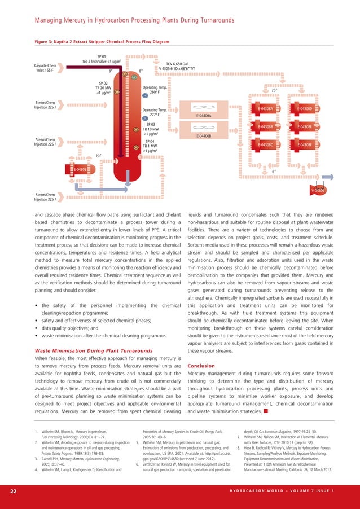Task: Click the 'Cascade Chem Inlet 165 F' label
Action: coord(47,68)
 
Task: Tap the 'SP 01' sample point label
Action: coord(102,56)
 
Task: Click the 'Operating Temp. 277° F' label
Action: coord(155,112)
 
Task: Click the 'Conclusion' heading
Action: coord(201,365)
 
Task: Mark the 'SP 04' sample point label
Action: coord(150,141)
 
